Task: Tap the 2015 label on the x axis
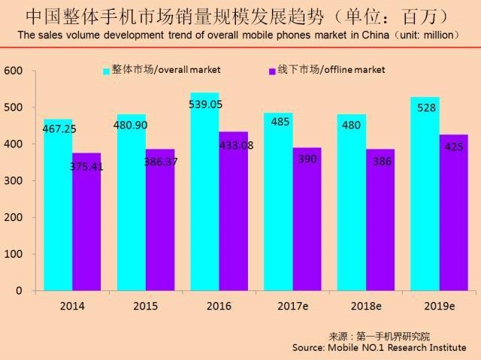(x=145, y=307)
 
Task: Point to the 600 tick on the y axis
(x=16, y=71)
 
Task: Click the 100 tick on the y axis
(x=16, y=254)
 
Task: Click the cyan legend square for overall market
(x=107, y=71)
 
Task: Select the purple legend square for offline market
(x=273, y=71)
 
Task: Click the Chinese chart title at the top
(x=240, y=16)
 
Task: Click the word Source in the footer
(x=310, y=348)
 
